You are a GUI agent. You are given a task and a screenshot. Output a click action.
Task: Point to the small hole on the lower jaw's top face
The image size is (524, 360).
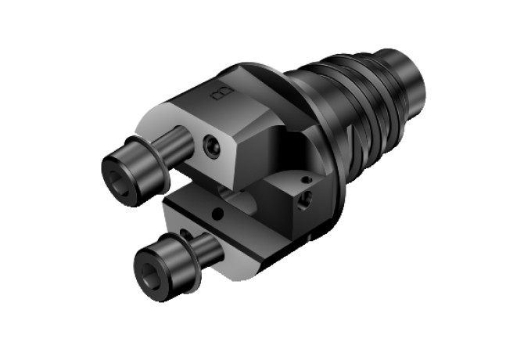217,211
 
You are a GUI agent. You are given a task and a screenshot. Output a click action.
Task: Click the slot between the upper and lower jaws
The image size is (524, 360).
196,184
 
